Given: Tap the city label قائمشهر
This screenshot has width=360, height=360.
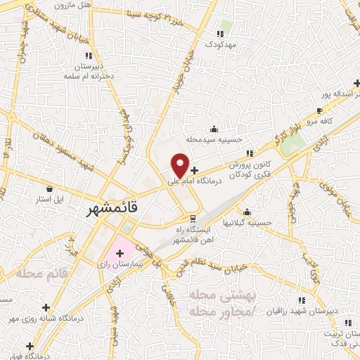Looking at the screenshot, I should [x=112, y=209].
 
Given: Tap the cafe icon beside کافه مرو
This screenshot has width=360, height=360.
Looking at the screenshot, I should [x=321, y=111].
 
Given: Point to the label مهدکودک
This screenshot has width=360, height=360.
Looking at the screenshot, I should [x=224, y=44].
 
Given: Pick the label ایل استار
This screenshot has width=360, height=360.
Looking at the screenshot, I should [x=50, y=200].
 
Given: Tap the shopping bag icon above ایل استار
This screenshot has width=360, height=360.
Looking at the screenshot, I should [x=50, y=189].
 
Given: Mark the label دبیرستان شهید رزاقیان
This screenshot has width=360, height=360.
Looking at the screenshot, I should [x=302, y=310].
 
